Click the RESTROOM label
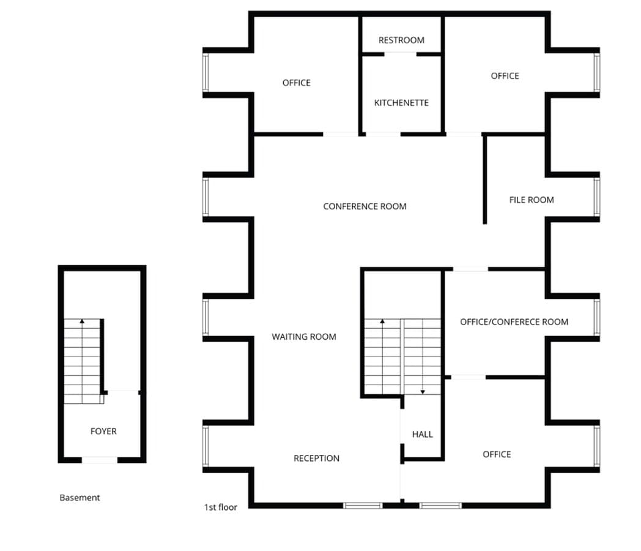pyautogui.click(x=401, y=40)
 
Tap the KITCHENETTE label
pyautogui.click(x=401, y=103)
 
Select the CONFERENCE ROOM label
pyautogui.click(x=365, y=206)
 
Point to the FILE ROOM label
pyautogui.click(x=532, y=200)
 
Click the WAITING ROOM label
pyautogui.click(x=304, y=336)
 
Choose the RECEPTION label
pyautogui.click(x=316, y=458)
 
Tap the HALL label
pyautogui.click(x=422, y=434)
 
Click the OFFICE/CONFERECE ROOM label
pyautogui.click(x=514, y=321)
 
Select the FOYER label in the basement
pyautogui.click(x=103, y=431)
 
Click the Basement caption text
pyautogui.click(x=80, y=498)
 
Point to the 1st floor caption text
pyautogui.click(x=221, y=507)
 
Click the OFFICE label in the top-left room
pyautogui.click(x=297, y=83)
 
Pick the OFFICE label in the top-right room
pyautogui.click(x=505, y=76)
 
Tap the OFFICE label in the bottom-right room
pyautogui.click(x=497, y=454)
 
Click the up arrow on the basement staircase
pyautogui.click(x=82, y=321)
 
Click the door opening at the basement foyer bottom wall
pyautogui.click(x=100, y=460)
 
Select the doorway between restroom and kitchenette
pyautogui.click(x=401, y=54)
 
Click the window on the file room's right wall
pyautogui.click(x=597, y=197)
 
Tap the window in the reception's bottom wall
pyautogui.click(x=363, y=506)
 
